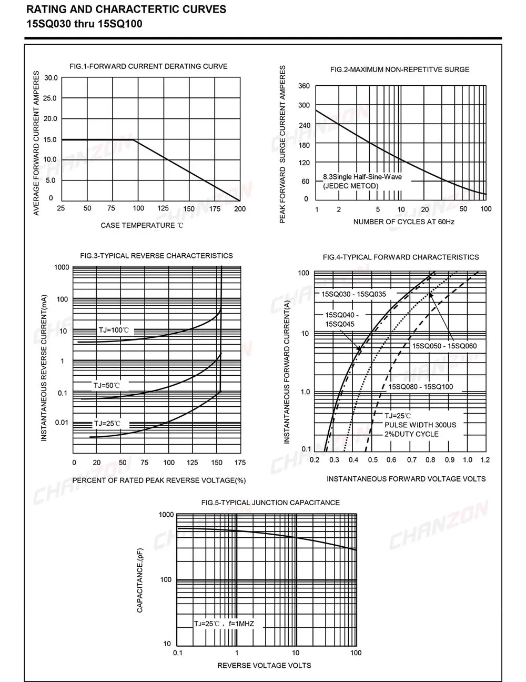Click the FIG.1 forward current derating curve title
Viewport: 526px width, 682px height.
(148, 66)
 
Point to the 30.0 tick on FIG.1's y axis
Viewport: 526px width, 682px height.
(51, 78)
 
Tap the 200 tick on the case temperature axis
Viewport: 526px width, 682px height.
(240, 208)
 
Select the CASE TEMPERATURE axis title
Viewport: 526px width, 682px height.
(142, 225)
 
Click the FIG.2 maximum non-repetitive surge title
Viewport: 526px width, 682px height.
(400, 69)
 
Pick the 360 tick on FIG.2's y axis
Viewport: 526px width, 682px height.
(304, 86)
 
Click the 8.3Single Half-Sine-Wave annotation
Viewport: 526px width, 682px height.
(362, 177)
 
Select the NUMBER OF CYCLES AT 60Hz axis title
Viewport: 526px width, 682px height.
(403, 222)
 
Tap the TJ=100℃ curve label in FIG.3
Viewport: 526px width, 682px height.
(114, 330)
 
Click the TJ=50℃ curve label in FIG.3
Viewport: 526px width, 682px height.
(107, 386)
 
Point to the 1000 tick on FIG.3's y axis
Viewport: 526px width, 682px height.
(62, 267)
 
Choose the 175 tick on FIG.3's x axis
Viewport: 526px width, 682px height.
(240, 463)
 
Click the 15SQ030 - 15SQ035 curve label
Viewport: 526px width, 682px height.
(353, 294)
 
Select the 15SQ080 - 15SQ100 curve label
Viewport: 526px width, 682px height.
(420, 387)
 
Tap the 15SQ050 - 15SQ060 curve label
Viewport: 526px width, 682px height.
(444, 346)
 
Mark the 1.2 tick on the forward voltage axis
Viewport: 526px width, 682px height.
(485, 459)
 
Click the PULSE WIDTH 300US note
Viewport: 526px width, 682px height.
(420, 425)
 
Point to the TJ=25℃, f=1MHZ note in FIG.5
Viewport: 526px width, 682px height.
(224, 624)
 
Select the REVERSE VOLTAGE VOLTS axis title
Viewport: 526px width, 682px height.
(264, 665)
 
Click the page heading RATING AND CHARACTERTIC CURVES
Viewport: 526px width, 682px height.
(126, 9)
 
